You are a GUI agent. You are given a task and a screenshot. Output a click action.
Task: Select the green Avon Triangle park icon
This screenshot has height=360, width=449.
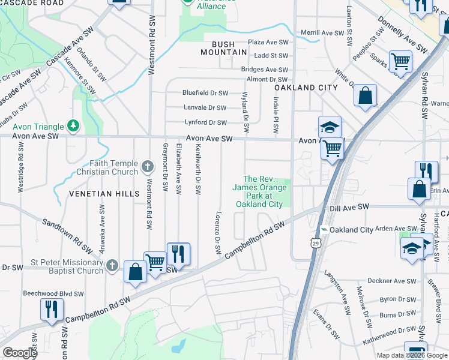73,125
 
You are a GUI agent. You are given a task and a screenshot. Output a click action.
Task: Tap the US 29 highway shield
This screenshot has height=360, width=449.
315,242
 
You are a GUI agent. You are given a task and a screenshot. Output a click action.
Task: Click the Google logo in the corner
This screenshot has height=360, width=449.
20,353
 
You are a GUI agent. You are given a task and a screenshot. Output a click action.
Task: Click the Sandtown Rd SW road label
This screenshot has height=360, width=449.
66,235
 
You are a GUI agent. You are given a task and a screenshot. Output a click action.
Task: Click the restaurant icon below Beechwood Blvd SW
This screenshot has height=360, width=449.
52,310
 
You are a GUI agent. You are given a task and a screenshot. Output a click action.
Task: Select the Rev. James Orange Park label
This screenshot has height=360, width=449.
259,191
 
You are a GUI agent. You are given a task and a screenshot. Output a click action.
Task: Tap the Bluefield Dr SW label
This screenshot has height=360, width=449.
205,93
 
